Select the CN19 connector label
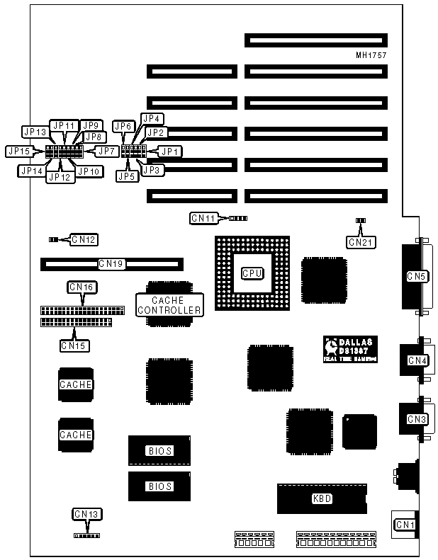click(x=111, y=264)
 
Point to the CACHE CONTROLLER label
click(x=168, y=305)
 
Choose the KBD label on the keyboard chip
click(x=322, y=498)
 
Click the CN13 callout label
click(x=86, y=513)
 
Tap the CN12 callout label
click(x=84, y=239)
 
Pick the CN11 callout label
click(x=203, y=218)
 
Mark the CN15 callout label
click(x=74, y=345)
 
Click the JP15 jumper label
click(x=18, y=151)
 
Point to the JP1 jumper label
click(x=170, y=151)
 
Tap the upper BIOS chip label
click(x=159, y=450)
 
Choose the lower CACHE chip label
click(x=76, y=434)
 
